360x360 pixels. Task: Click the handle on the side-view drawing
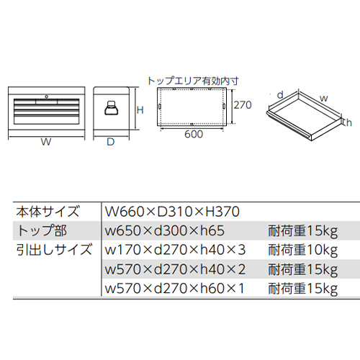tap(112, 107)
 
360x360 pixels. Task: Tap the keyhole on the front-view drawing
tap(46, 96)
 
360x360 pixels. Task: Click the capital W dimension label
tap(46, 142)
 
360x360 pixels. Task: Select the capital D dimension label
tap(110, 142)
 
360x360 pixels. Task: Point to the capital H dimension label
tap(140, 110)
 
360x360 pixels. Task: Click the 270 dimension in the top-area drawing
tap(243, 105)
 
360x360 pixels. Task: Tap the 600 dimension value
tap(194, 134)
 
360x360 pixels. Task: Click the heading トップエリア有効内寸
tap(193, 81)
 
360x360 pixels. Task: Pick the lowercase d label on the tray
tap(280, 95)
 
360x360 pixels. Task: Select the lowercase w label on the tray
tap(324, 98)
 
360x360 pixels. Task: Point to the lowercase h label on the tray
tap(349, 122)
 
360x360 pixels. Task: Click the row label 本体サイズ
tap(48, 212)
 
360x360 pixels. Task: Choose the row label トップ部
tap(42, 230)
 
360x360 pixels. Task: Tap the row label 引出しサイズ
tap(54, 250)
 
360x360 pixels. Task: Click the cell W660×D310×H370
tap(172, 212)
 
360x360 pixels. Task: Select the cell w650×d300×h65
tap(165, 230)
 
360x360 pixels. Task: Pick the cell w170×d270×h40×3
tap(175, 250)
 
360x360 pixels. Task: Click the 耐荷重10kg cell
tap(303, 251)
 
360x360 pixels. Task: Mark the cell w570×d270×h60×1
tap(175, 288)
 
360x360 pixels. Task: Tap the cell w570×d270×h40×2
tap(175, 269)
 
